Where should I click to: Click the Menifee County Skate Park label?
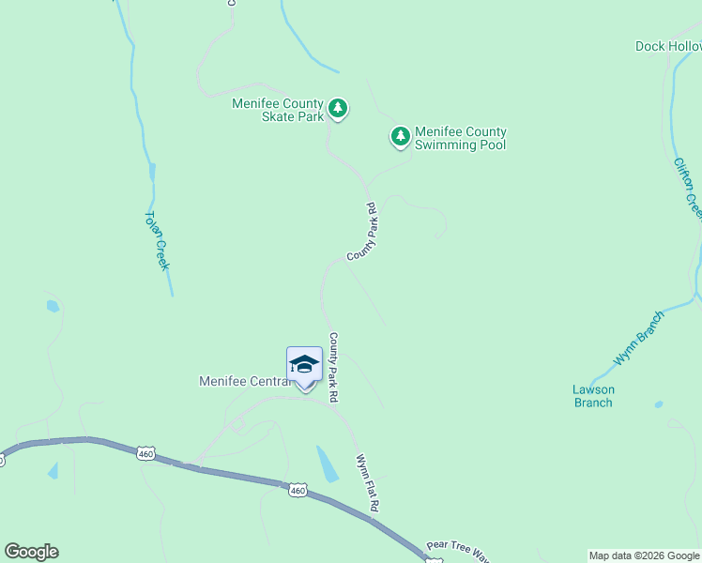(278, 110)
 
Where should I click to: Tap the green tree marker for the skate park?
(338, 109)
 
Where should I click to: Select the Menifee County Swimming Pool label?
(460, 138)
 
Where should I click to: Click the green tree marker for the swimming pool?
(401, 137)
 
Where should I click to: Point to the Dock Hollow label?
(668, 46)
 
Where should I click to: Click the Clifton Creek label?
(687, 188)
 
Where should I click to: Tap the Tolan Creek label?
(156, 240)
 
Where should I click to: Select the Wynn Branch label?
(638, 338)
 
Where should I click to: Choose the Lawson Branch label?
(593, 396)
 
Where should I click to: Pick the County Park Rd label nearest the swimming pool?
(361, 233)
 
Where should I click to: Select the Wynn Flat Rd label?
(367, 482)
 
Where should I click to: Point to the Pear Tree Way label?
(458, 550)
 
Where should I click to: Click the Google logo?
(31, 552)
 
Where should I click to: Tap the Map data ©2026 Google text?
(644, 555)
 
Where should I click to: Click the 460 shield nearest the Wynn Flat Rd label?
(298, 490)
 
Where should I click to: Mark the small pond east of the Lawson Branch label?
(659, 404)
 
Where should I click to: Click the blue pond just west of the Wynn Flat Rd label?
(328, 464)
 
